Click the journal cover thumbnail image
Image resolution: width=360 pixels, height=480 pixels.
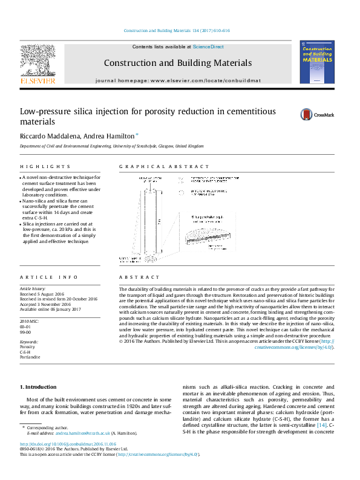coord(316,62)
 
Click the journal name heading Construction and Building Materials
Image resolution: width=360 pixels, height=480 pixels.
coord(177,63)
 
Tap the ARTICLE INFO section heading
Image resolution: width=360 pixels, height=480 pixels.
coord(49,277)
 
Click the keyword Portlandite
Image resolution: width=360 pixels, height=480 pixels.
coord(30,357)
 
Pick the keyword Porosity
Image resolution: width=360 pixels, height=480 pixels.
coord(28,348)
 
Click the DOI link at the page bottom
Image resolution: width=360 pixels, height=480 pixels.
coord(68,444)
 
